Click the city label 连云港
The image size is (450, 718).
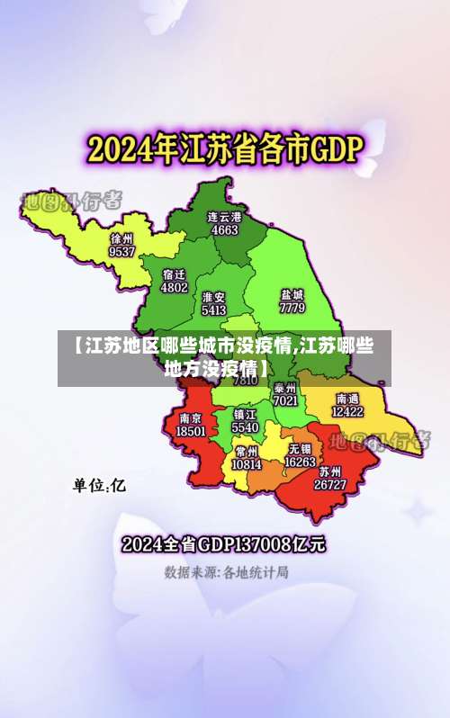pyautogui.click(x=224, y=217)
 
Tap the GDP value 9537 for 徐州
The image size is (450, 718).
pyautogui.click(x=121, y=252)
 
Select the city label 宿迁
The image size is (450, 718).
pyautogui.click(x=175, y=274)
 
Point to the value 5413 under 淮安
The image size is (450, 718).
pyautogui.click(x=214, y=310)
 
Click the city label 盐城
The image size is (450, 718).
pyautogui.click(x=292, y=294)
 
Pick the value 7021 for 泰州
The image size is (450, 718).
pyautogui.click(x=285, y=399)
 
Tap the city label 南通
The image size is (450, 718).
pyautogui.click(x=347, y=398)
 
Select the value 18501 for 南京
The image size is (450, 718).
pyautogui.click(x=190, y=431)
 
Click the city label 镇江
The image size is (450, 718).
pyautogui.click(x=245, y=415)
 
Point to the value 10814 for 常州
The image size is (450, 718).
pyautogui.click(x=246, y=464)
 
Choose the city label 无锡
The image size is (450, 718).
pyautogui.click(x=300, y=448)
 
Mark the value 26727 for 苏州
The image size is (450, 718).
pyautogui.click(x=329, y=484)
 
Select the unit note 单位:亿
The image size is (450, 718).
pyautogui.click(x=100, y=486)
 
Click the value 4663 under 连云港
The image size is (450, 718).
pyautogui.click(x=224, y=229)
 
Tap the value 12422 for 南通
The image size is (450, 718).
pyautogui.click(x=347, y=411)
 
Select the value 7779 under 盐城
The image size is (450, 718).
pyautogui.click(x=292, y=307)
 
